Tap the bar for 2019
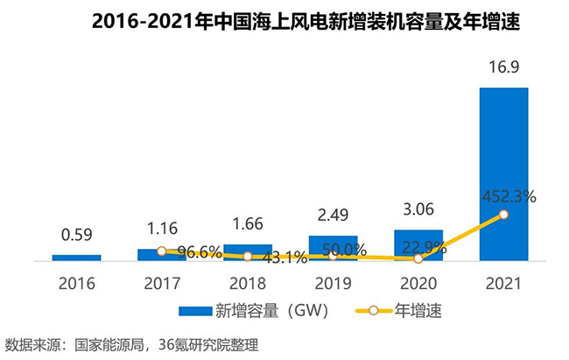coord(332,248)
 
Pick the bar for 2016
coord(76,258)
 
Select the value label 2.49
coord(333,215)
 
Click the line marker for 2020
coord(418,258)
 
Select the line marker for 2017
coord(161,251)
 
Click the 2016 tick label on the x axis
coord(76,284)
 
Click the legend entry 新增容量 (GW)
coord(239,309)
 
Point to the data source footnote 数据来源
coord(131,343)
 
